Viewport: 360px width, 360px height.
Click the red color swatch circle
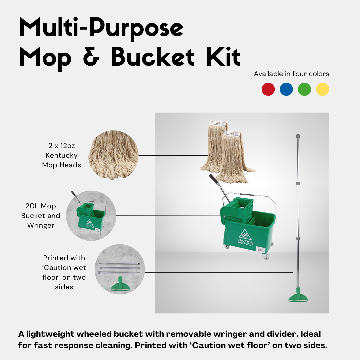[268, 89]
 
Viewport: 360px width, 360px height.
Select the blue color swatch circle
[286, 89]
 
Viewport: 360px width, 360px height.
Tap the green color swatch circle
[304, 89]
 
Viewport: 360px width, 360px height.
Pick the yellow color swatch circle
[322, 89]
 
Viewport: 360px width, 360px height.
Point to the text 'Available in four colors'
[291, 74]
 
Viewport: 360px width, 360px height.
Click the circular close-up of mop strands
[113, 155]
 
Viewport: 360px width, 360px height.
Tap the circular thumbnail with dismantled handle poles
[120, 269]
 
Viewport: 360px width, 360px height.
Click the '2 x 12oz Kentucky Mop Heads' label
[62, 155]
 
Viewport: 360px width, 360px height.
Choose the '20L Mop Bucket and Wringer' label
[41, 216]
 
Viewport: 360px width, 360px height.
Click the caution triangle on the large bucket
[245, 235]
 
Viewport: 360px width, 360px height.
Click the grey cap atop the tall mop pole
[298, 136]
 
